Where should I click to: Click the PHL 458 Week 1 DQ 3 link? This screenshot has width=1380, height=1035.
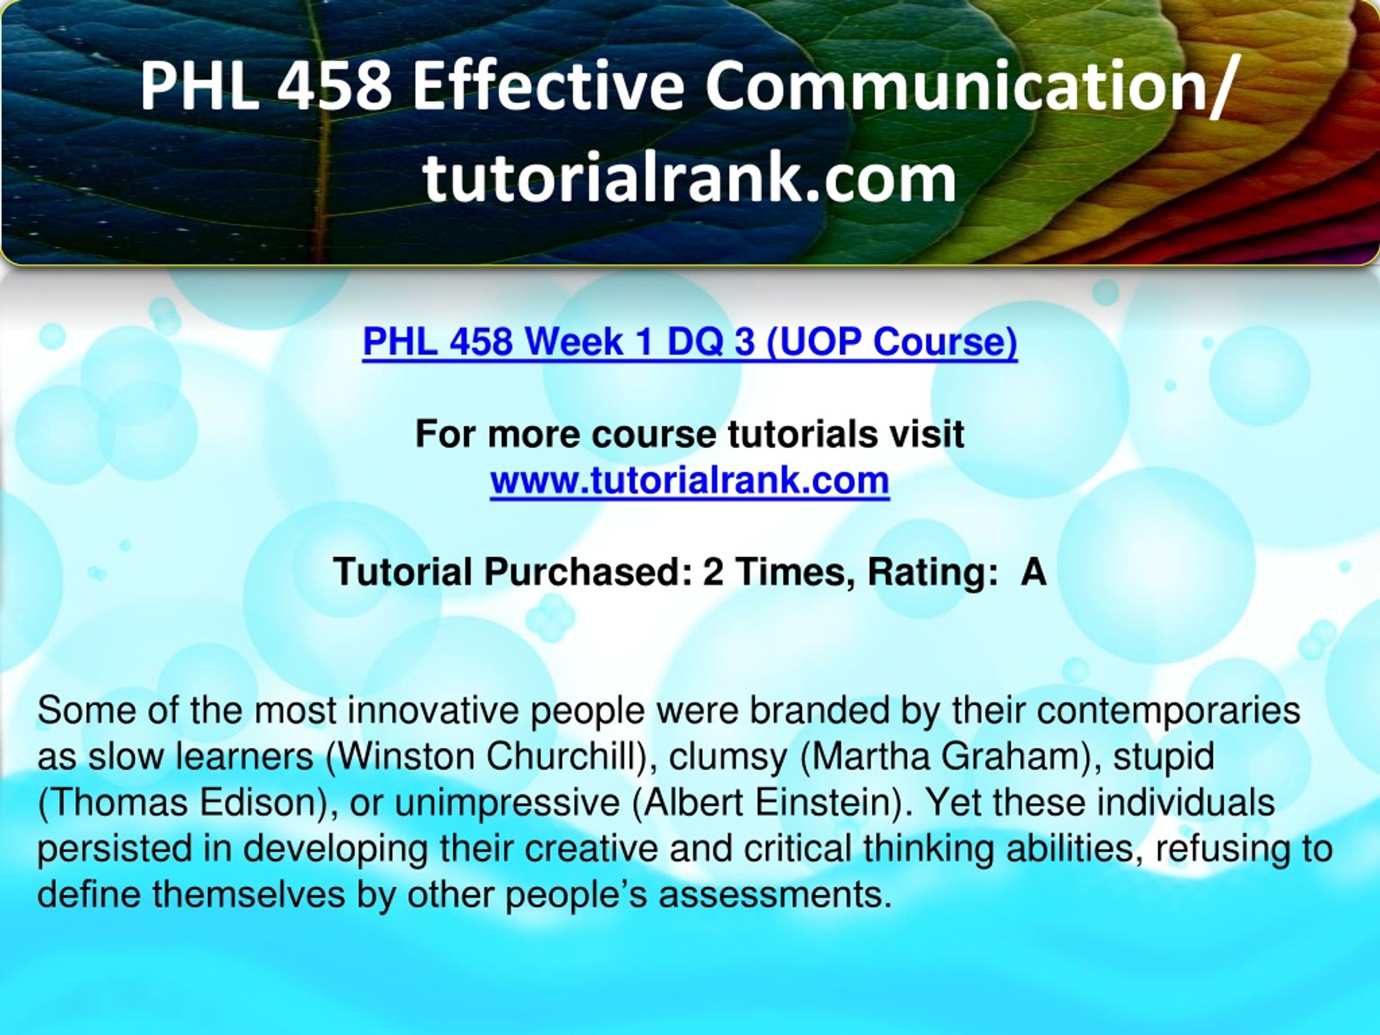[689, 342]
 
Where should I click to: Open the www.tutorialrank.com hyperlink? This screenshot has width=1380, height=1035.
[689, 480]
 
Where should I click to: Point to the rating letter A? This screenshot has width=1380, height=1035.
[1033, 571]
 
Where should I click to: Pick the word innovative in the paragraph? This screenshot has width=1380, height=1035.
[432, 710]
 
